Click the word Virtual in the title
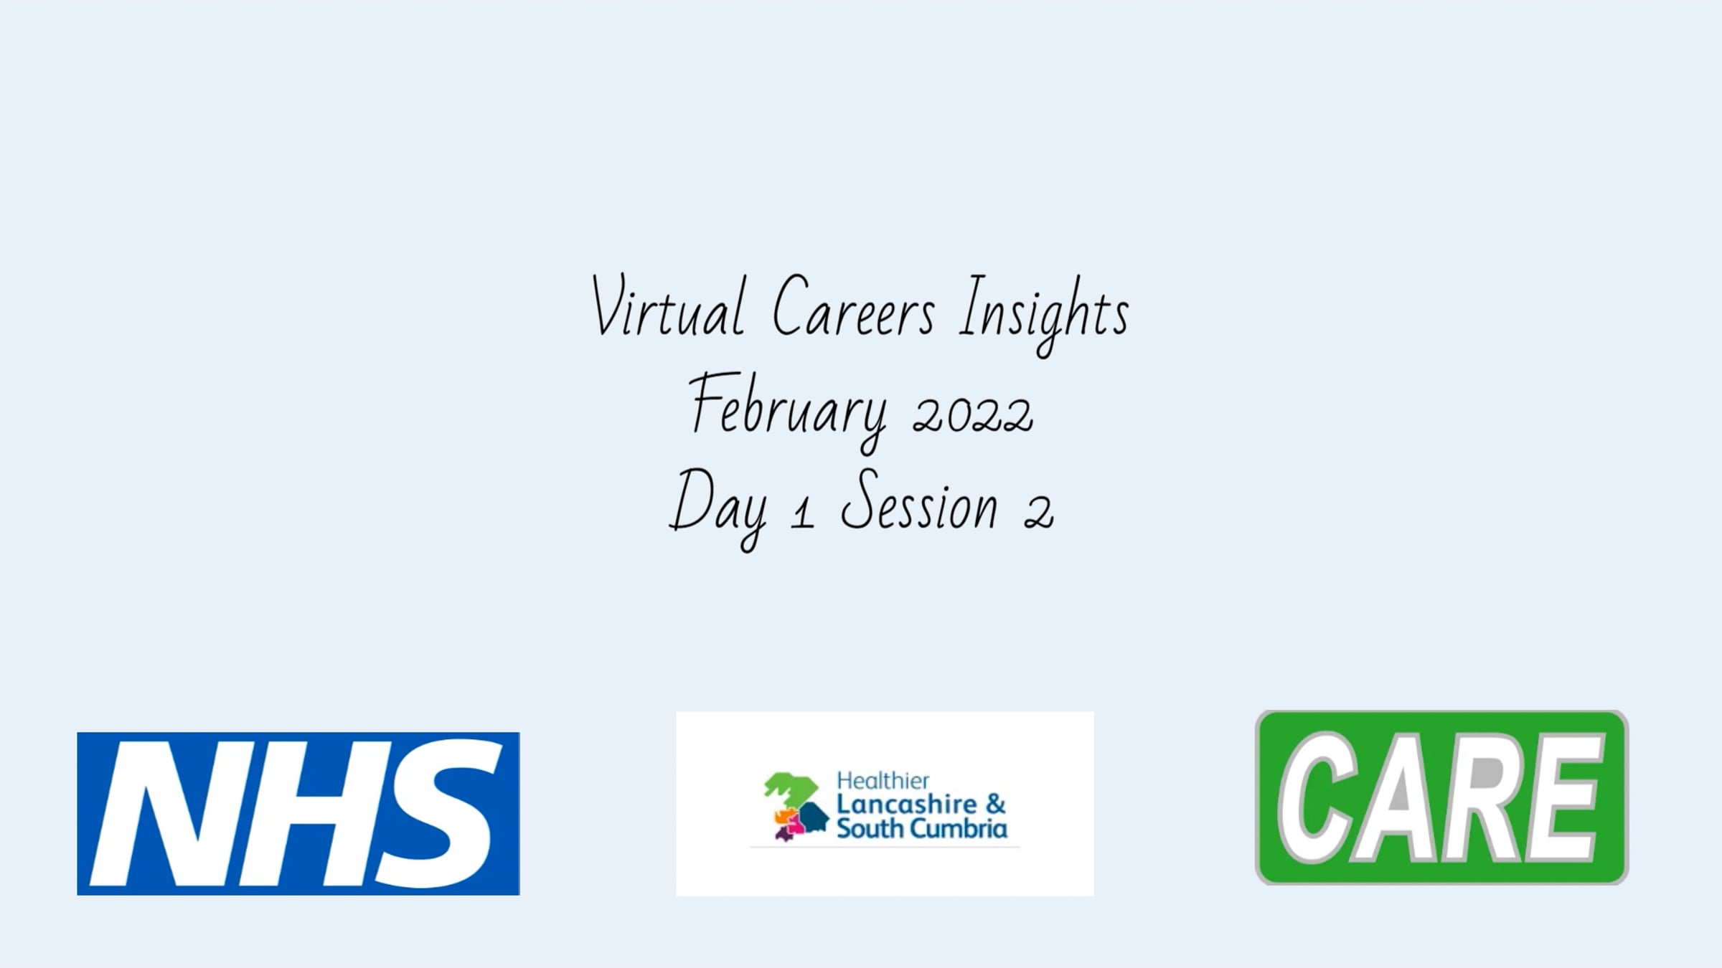tap(667, 306)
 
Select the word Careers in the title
tap(854, 306)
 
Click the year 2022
tap(973, 414)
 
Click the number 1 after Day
tap(803, 513)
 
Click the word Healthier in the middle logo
tap(883, 781)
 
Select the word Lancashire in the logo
tap(907, 805)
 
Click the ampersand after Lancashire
tap(996, 805)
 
